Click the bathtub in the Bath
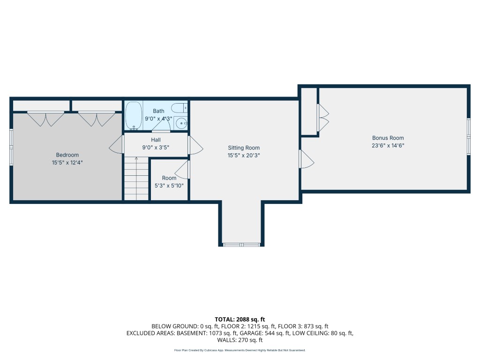(134, 115)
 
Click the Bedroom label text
(67, 155)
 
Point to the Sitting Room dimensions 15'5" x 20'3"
(244, 155)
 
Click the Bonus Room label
(388, 138)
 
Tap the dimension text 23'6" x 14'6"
(388, 145)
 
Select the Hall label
(156, 140)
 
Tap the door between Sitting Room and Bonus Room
(307, 158)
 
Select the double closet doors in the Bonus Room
(322, 117)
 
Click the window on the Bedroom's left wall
(11, 147)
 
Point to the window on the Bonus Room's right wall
(468, 136)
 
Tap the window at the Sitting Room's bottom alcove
(241, 244)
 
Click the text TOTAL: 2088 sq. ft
(240, 319)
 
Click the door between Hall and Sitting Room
(195, 145)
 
